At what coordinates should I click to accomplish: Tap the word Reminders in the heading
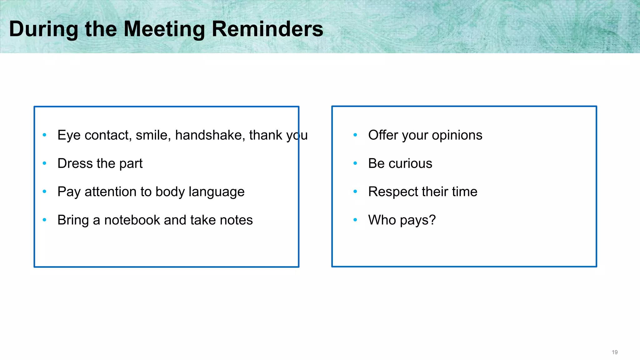point(267,29)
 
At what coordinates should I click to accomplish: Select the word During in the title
point(43,29)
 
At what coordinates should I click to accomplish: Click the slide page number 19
point(614,352)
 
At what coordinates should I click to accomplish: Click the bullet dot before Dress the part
point(44,163)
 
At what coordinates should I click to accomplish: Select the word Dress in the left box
point(75,163)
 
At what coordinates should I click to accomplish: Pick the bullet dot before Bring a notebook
point(44,220)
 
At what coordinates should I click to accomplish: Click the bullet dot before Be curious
point(355,163)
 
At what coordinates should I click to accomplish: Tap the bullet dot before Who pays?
point(355,220)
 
